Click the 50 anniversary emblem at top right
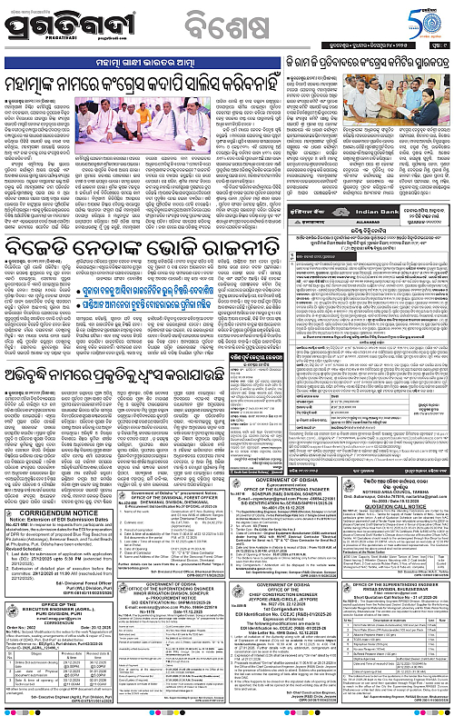coord(428,19)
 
